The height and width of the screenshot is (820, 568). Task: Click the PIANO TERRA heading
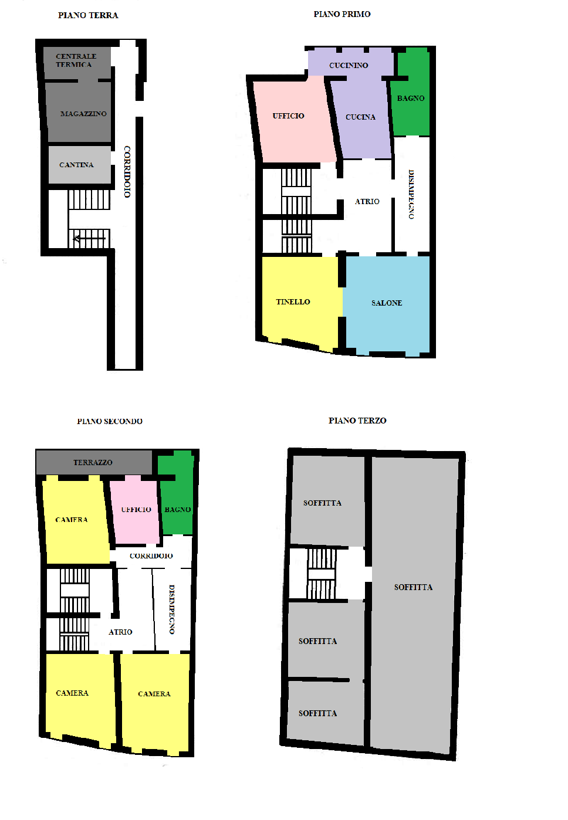88,15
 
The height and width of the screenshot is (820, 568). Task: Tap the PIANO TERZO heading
357,421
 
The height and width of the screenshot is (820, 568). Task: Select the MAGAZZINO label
83,114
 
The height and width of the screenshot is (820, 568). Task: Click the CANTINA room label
76,165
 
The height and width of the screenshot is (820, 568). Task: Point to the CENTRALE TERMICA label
76,60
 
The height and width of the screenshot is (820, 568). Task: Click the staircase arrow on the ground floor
89,239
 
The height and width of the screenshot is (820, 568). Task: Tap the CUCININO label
349,66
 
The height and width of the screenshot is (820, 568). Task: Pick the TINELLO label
293,302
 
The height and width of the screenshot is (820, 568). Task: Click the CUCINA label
360,117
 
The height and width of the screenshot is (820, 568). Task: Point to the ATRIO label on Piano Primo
367,201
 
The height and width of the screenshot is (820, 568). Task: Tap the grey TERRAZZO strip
94,462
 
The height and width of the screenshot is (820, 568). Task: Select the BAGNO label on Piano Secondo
178,510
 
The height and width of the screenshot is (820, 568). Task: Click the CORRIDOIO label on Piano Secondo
151,555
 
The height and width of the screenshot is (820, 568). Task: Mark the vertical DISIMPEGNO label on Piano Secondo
172,609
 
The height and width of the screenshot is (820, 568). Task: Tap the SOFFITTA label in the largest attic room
413,587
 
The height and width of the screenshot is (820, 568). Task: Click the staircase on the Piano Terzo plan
321,574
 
